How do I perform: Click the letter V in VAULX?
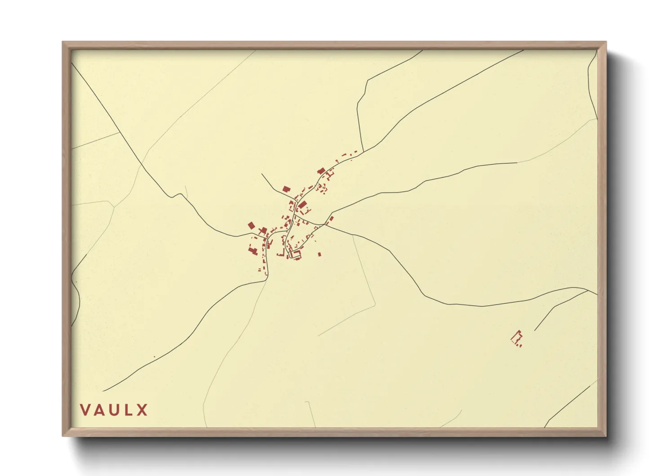tap(85, 410)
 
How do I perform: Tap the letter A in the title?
tap(100, 410)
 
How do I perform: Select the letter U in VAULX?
tap(115, 410)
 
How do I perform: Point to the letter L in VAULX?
tap(129, 410)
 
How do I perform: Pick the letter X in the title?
tap(142, 410)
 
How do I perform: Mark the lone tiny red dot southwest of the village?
tap(154, 357)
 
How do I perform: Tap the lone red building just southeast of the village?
tap(319, 254)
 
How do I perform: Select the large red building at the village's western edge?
tap(251, 225)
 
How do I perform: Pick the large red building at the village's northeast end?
tap(321, 171)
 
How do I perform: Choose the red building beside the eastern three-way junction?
tap(332, 219)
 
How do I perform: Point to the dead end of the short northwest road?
tap(262, 174)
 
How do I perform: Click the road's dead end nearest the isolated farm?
tap(535, 331)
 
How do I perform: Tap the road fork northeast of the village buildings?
tap(363, 151)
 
